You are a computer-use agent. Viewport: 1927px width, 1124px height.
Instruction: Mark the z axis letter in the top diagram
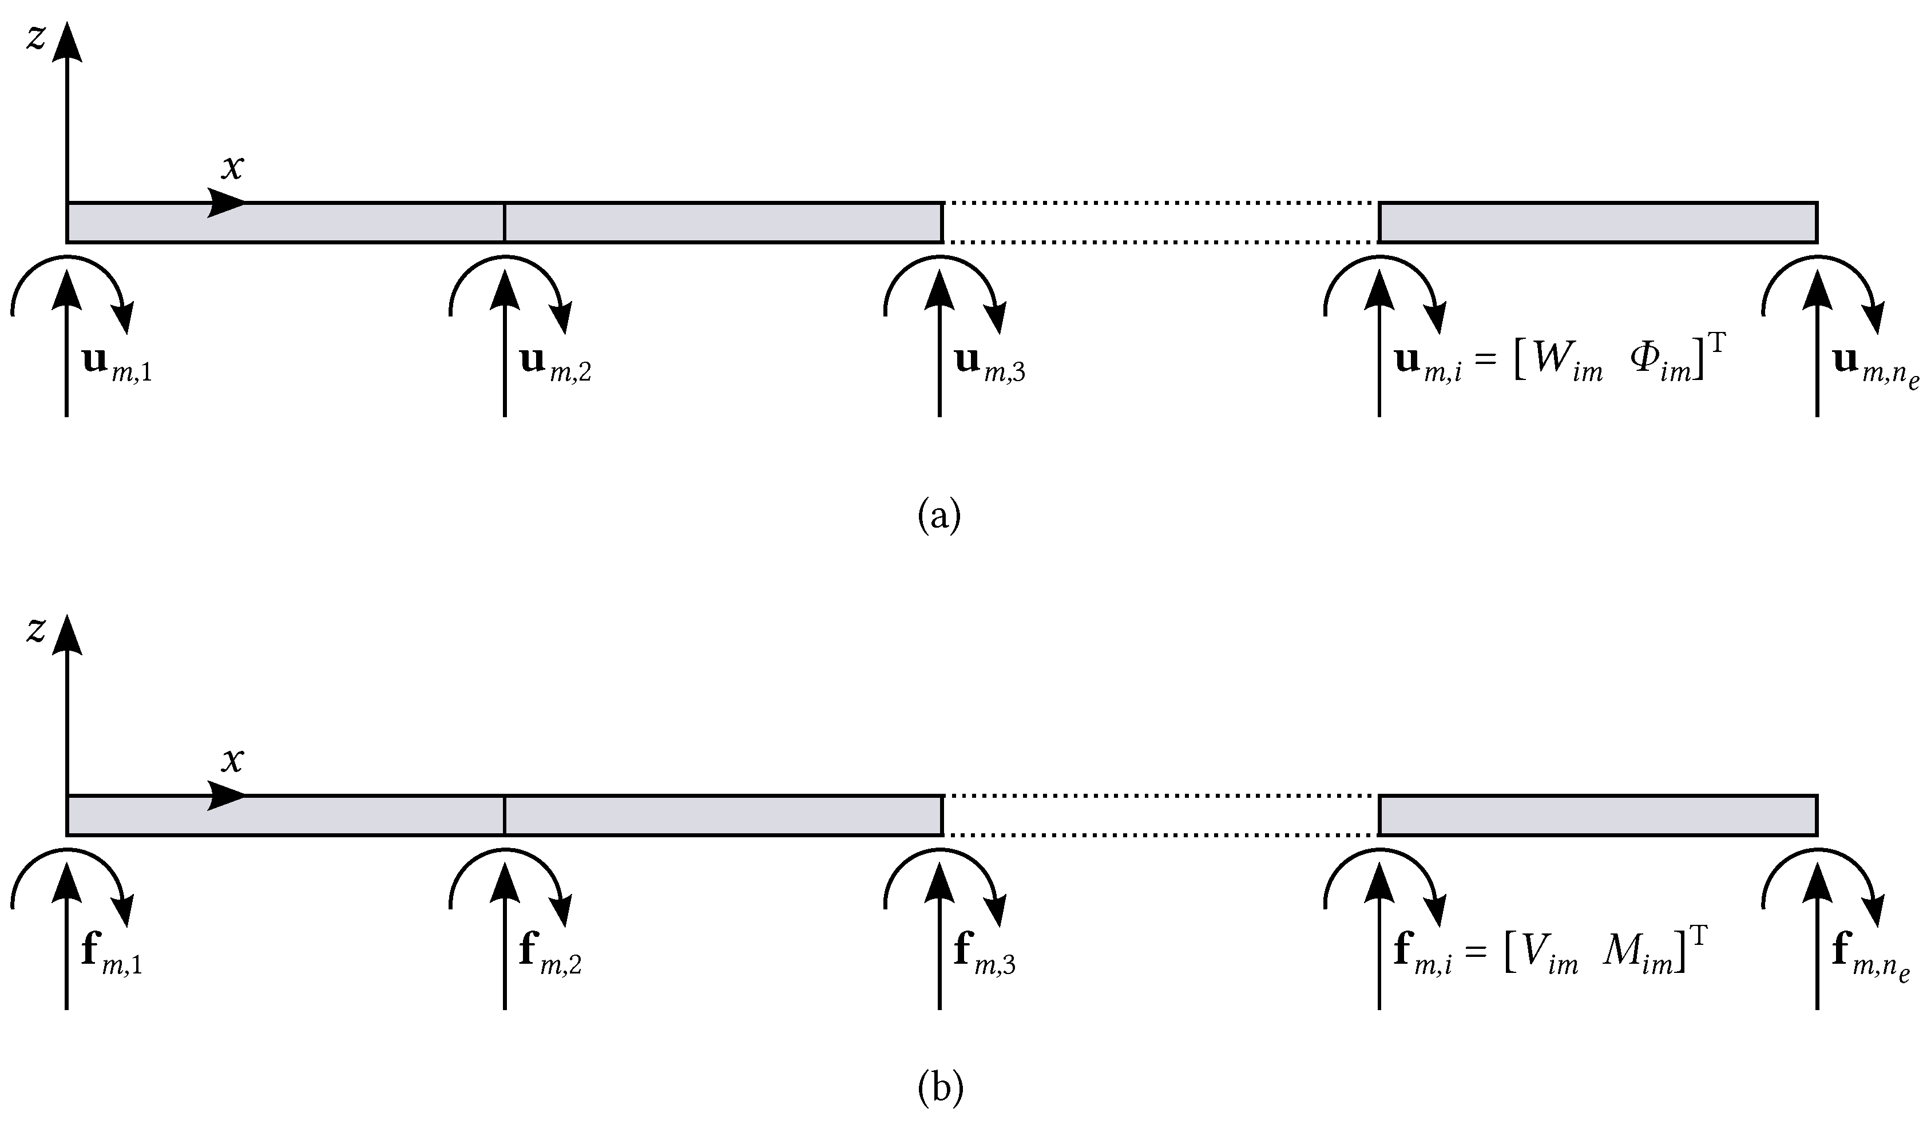point(36,37)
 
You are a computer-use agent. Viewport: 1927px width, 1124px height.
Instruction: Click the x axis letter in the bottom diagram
point(232,760)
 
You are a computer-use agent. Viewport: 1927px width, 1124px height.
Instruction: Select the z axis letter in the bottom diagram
point(36,631)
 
